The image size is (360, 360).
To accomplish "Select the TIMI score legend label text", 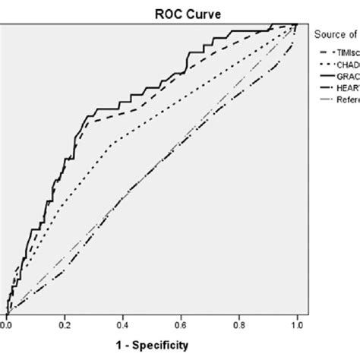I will [346, 52].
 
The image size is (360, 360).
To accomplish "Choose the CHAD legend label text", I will [346, 64].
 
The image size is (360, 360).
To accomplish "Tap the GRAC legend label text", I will [346, 76].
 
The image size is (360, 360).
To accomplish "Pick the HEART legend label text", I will [346, 88].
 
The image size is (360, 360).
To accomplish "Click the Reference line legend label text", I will [346, 100].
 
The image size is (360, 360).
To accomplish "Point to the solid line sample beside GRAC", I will [322, 76].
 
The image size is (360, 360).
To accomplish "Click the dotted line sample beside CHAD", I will [322, 64].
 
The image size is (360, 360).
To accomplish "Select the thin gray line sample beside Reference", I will [322, 100].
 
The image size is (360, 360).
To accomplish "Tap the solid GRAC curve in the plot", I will [114, 102].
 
